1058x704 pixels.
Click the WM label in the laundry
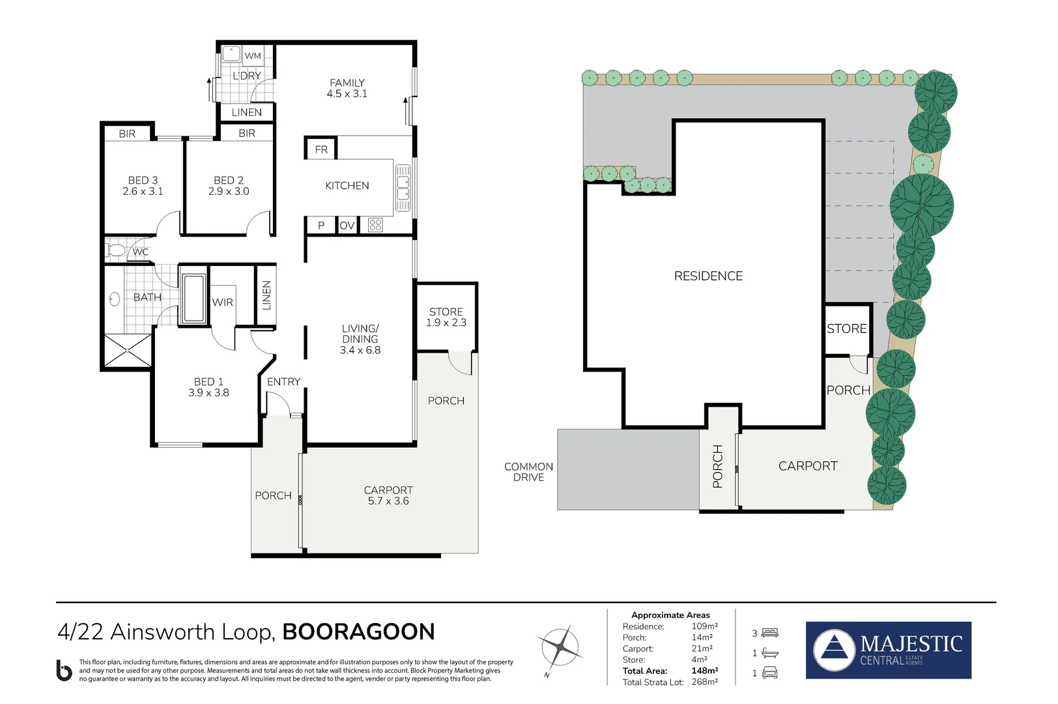(x=253, y=56)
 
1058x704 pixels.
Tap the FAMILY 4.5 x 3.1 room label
(x=347, y=88)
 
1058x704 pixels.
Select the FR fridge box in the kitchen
(x=321, y=149)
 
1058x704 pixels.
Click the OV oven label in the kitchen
(x=347, y=226)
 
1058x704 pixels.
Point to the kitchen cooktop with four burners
(x=375, y=226)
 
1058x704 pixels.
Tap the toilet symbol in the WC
(x=116, y=250)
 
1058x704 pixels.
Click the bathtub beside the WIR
(x=193, y=299)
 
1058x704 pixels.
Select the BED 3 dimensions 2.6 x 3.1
(x=143, y=192)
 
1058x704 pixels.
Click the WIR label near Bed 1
(x=222, y=302)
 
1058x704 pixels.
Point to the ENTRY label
(x=283, y=382)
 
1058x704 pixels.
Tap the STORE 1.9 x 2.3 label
(x=446, y=317)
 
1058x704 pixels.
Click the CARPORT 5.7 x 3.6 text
(x=388, y=495)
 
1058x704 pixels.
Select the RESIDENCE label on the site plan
(x=708, y=276)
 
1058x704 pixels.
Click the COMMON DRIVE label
(x=528, y=472)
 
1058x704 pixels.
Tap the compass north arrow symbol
(x=560, y=648)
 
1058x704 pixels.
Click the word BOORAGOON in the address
(x=358, y=632)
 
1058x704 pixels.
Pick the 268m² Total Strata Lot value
(x=704, y=682)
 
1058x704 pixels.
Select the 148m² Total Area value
(x=704, y=671)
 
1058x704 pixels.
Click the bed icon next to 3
(x=770, y=633)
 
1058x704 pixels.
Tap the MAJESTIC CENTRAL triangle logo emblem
(x=835, y=650)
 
